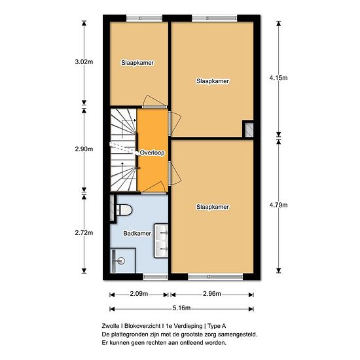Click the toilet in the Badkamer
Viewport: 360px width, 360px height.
(x=124, y=210)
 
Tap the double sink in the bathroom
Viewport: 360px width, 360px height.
(x=161, y=241)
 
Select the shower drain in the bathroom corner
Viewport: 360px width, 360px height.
(x=120, y=261)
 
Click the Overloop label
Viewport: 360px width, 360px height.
(x=153, y=153)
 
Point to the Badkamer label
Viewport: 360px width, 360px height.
(x=137, y=234)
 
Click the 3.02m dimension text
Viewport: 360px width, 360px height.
(x=84, y=62)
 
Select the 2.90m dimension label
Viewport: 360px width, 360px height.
(x=84, y=149)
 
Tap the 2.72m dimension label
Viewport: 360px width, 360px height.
(x=84, y=233)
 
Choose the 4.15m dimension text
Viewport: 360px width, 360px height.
(x=278, y=78)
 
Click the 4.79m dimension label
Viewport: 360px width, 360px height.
(x=278, y=205)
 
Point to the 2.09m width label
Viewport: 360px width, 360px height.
(x=139, y=294)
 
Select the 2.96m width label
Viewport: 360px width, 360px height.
(x=212, y=294)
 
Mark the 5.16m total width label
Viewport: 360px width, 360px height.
(x=181, y=308)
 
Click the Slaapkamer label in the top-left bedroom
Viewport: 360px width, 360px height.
(x=137, y=63)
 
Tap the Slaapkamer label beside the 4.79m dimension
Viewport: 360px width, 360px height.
(x=213, y=207)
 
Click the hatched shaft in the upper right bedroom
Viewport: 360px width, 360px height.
(x=249, y=130)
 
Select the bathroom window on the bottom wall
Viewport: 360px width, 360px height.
(x=156, y=277)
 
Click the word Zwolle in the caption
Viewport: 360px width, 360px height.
(x=111, y=326)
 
